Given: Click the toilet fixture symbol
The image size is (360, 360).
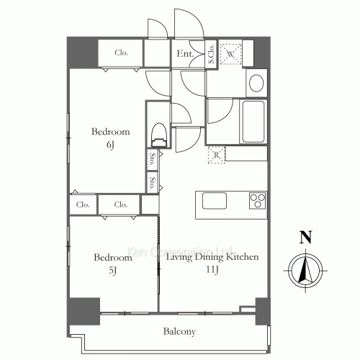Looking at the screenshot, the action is point(159,135).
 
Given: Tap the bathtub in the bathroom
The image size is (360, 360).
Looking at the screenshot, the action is point(253,122).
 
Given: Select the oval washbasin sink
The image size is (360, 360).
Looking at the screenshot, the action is point(256,83).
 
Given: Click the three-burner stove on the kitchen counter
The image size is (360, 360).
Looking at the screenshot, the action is point(258,200).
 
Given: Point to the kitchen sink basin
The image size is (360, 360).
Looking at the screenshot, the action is point(215,201).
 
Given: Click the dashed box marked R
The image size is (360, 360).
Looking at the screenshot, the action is point(217,155).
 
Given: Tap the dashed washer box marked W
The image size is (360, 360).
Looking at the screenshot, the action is point(230,54).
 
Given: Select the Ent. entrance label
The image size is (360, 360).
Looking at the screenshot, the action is point(185,53).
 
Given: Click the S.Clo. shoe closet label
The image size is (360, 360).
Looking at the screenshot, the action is point(211,54).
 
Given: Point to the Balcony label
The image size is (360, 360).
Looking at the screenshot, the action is point(179,331).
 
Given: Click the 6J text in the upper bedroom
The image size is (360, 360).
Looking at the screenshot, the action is point(110,145).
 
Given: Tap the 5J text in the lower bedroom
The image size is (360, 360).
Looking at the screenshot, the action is point(112,271).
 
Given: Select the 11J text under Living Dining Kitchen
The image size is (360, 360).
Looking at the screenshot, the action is point(212,270).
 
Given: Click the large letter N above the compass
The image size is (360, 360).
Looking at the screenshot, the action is point(305,237).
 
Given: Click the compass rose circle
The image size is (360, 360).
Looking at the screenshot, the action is point(305,271).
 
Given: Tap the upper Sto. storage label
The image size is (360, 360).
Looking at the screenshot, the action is point(152,158).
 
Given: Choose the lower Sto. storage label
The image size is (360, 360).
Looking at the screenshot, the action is point(152,183).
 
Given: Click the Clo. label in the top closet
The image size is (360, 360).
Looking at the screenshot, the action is point(121,53).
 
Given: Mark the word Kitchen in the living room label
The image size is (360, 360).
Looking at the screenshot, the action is point(243,257).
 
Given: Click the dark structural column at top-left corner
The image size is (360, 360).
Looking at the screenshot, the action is point(82,53).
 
